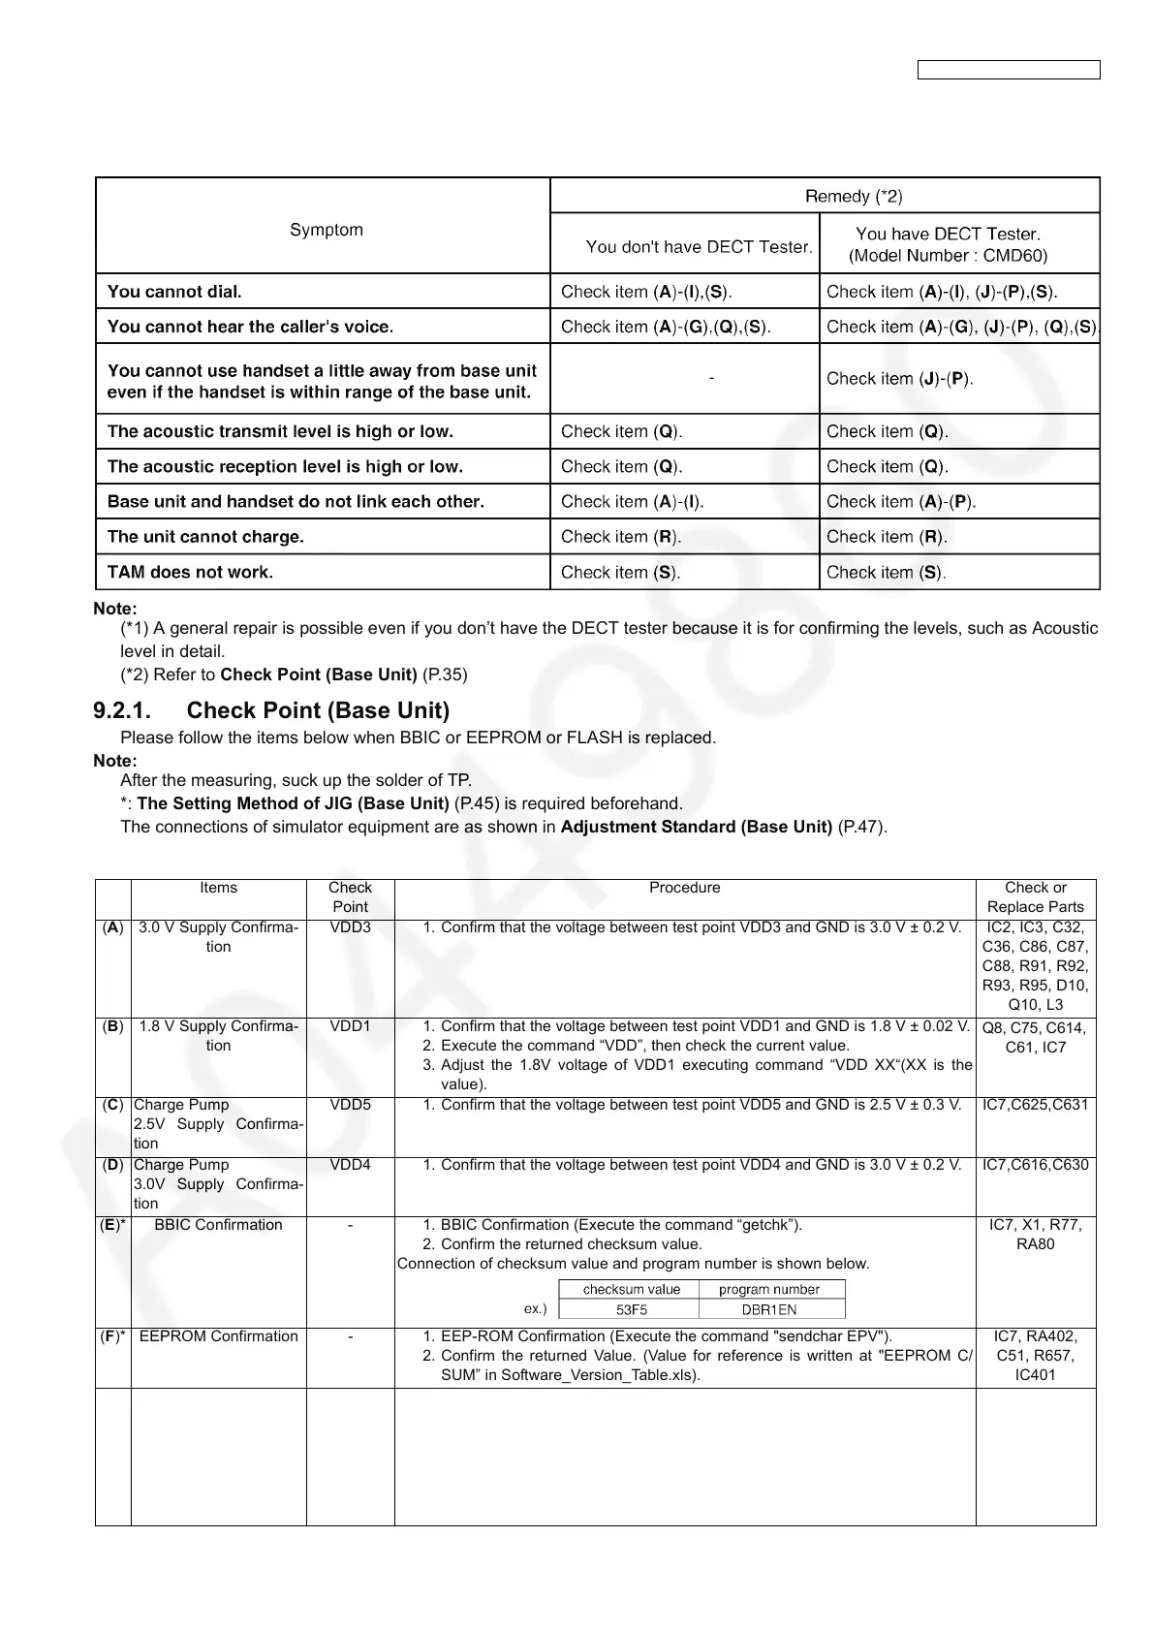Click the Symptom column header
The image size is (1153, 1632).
coord(327,230)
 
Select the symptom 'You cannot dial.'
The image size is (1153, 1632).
coord(174,292)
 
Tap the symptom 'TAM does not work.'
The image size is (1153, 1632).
coord(190,572)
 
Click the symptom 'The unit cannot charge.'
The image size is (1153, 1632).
coord(205,537)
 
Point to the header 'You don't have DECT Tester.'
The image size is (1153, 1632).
coord(699,247)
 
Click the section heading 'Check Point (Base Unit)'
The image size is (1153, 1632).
coord(318,710)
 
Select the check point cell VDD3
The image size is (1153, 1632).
coord(350,927)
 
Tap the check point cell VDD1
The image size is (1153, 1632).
coord(350,1026)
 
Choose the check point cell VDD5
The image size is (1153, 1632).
coord(350,1105)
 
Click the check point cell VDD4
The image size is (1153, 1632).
coord(350,1165)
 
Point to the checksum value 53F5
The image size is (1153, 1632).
coord(632,1309)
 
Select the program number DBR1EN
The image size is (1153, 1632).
coord(769,1309)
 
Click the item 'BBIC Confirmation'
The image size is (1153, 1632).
coord(218,1225)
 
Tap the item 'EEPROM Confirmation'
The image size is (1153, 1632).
coord(218,1336)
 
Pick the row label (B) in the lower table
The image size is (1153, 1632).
coord(112,1026)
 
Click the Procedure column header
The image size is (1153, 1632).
coord(684,888)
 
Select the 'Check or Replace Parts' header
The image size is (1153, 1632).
coord(1035,897)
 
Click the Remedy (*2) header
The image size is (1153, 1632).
coord(854,197)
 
